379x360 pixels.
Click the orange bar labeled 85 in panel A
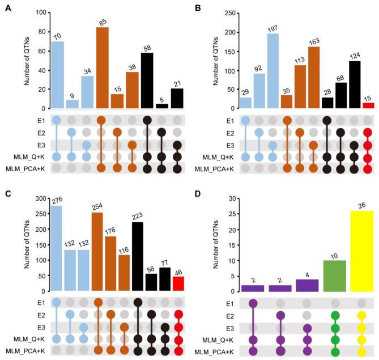click(x=102, y=67)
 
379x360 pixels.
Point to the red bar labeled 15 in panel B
click(x=368, y=105)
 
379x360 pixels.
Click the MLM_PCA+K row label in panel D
click(x=214, y=352)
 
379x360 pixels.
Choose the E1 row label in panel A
click(x=39, y=120)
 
